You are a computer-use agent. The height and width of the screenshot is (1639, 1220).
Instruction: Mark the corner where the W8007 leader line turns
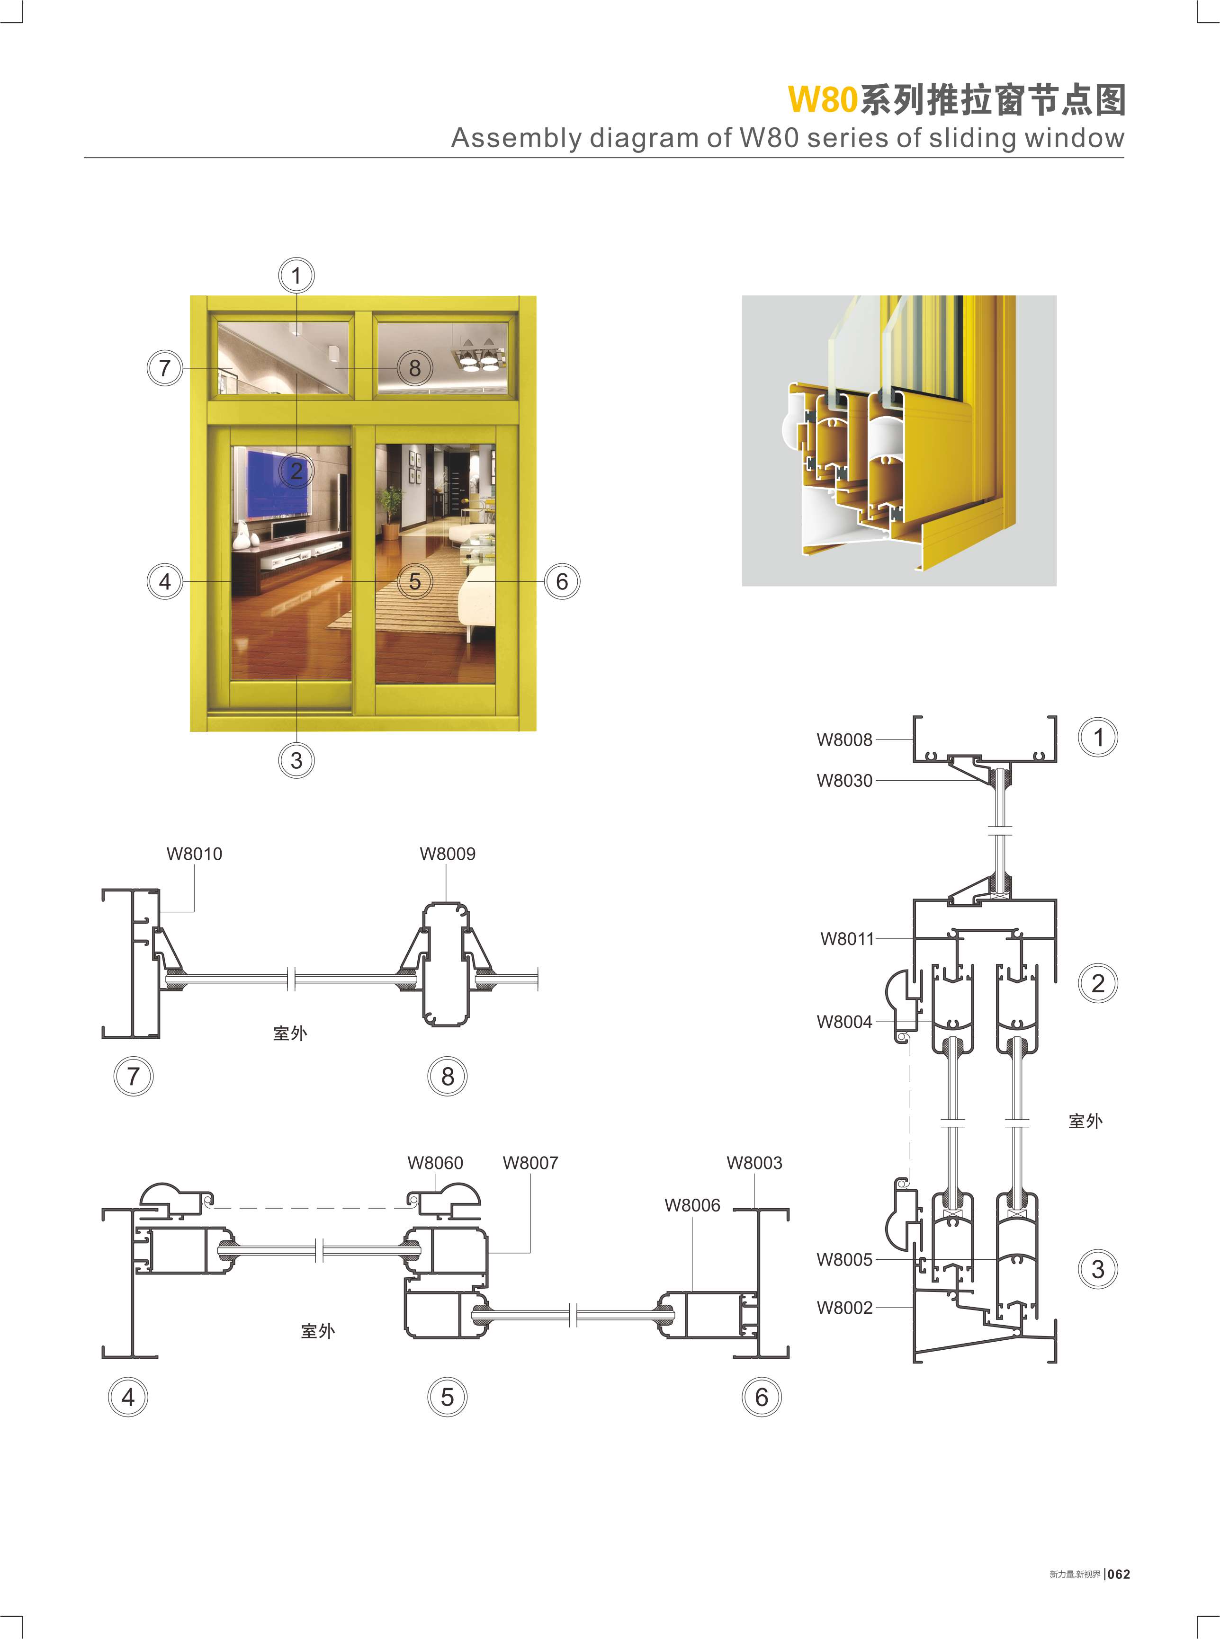coord(530,1253)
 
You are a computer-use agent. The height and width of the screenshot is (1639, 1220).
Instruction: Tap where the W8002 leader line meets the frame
coord(914,1308)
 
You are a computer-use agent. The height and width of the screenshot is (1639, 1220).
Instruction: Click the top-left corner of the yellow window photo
coord(190,296)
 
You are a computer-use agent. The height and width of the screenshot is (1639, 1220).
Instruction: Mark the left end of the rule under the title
coord(84,157)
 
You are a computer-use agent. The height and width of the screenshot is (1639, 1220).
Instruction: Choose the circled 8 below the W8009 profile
coord(448,1077)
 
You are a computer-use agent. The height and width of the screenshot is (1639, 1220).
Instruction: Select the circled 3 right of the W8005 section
coord(1098,1270)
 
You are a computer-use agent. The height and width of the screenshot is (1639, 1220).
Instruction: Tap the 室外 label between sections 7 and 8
coord(289,1033)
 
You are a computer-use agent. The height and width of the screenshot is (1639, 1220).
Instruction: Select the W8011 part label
coord(847,939)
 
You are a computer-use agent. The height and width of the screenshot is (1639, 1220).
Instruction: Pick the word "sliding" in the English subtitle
coord(972,139)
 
